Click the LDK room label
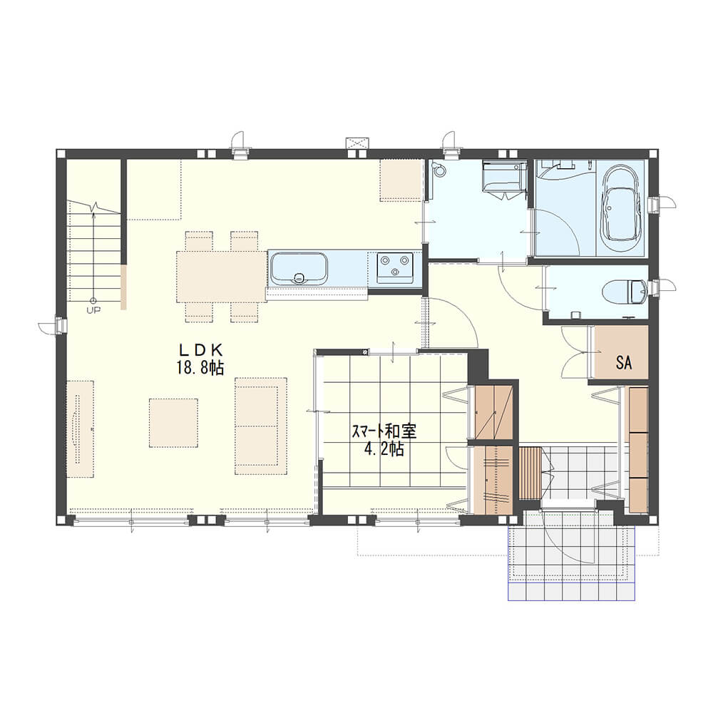[200, 349]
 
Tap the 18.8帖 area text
[200, 368]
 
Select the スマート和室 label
[384, 431]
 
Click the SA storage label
[624, 362]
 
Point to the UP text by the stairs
[93, 311]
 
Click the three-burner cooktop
[395, 268]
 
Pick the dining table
[222, 277]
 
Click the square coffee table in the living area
[173, 423]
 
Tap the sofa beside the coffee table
[260, 426]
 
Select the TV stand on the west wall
[81, 429]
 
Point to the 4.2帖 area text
[384, 449]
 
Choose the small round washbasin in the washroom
[439, 169]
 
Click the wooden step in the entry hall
[530, 473]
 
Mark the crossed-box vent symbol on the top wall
[359, 143]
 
